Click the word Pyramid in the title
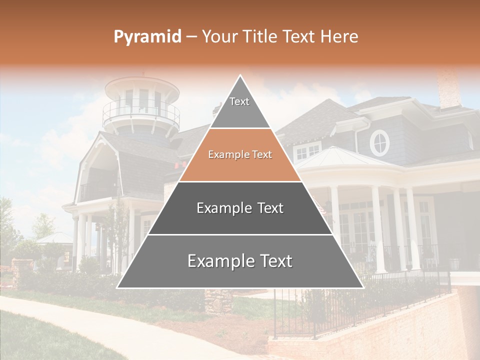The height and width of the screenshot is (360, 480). tap(147, 37)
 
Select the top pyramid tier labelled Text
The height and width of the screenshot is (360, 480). tap(240, 107)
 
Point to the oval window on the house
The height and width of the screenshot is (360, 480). tap(379, 142)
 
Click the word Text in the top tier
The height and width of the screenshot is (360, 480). tap(239, 101)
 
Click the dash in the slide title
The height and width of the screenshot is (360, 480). tap(191, 37)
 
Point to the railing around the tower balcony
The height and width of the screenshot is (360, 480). tap(141, 112)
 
